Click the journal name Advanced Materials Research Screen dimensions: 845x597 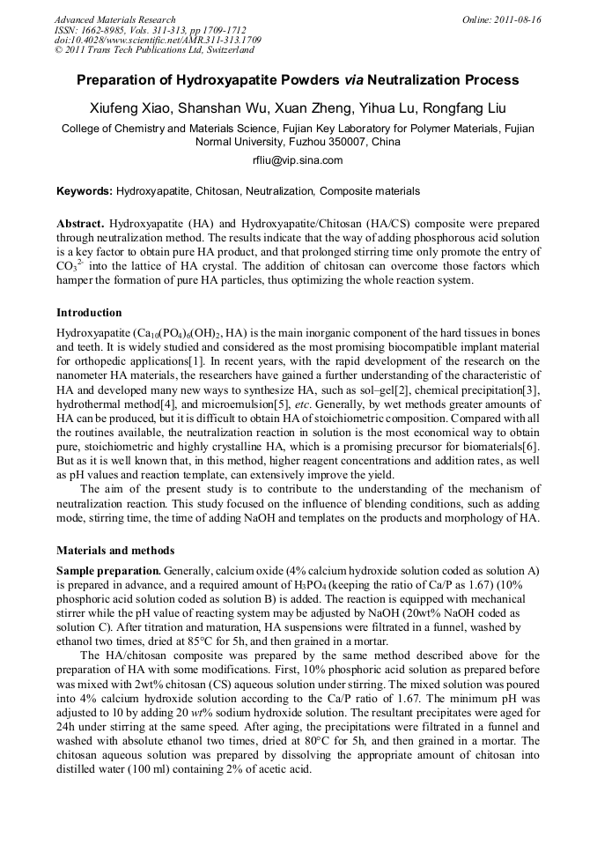click(x=114, y=19)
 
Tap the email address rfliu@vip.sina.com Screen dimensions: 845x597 click(x=298, y=160)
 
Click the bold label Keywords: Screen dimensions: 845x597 click(x=85, y=191)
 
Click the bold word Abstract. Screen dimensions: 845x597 click(x=80, y=225)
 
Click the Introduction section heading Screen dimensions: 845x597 click(x=89, y=313)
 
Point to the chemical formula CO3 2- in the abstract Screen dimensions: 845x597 click(x=70, y=267)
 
